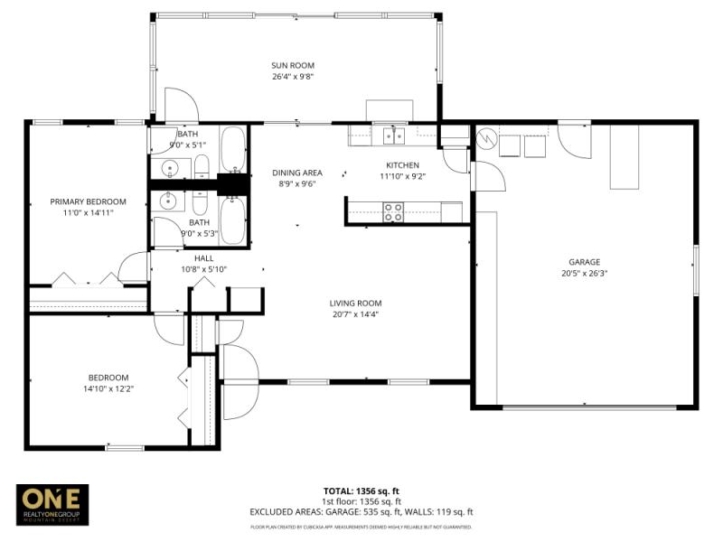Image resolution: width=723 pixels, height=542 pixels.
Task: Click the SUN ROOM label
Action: point(293,65)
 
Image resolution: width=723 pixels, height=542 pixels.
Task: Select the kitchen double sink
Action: point(393,135)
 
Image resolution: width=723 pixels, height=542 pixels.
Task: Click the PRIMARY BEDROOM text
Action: point(88,201)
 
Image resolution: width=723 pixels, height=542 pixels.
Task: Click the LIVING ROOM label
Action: point(356,304)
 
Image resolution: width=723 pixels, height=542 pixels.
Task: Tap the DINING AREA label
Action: point(297,173)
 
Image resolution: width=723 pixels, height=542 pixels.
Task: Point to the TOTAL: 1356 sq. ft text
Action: point(361,491)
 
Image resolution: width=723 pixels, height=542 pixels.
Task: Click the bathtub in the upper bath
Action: point(233,150)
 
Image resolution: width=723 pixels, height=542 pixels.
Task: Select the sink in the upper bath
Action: point(170,168)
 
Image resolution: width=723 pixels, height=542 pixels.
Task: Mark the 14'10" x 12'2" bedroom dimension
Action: point(108,388)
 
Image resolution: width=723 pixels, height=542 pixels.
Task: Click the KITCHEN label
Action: point(403,165)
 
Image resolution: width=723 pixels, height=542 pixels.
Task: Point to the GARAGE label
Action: point(584,262)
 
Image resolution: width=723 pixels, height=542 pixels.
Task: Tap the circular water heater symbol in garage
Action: point(486,139)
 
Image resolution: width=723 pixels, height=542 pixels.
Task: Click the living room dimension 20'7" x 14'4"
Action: point(356,314)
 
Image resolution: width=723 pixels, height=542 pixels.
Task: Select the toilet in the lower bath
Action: point(201,201)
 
